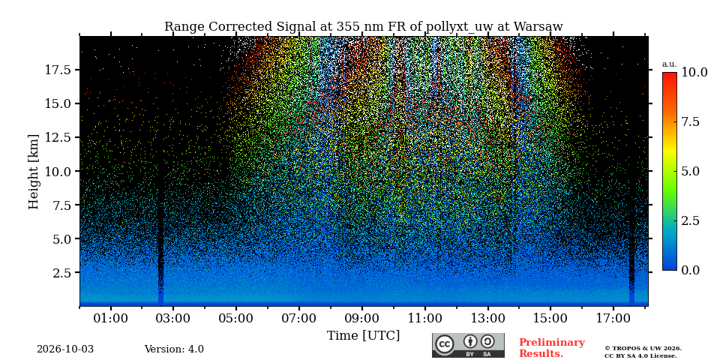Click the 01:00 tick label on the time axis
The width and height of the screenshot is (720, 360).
point(111,319)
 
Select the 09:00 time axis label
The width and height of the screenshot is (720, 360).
point(361,319)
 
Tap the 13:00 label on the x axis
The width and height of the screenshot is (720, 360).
point(487,319)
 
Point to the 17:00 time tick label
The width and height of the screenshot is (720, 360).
point(613,319)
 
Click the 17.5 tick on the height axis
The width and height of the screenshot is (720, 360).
point(58,70)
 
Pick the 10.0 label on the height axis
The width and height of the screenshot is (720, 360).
point(58,171)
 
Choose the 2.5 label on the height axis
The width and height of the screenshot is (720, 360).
point(62,273)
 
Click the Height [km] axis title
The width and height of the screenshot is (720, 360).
point(34,172)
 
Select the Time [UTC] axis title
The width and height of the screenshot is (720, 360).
point(363,336)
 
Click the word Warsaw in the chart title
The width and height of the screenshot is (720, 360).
point(538,27)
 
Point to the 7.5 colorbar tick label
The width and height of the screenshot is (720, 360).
point(691,121)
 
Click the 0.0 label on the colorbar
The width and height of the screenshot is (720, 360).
point(691,270)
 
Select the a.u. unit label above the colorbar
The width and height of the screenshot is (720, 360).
point(669,64)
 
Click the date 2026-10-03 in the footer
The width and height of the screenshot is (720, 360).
point(65,349)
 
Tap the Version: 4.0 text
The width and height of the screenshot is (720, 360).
point(174,349)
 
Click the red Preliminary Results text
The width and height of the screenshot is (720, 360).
point(552,348)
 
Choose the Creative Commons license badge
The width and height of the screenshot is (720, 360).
point(468,345)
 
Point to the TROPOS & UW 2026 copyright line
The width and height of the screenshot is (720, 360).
point(643,349)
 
